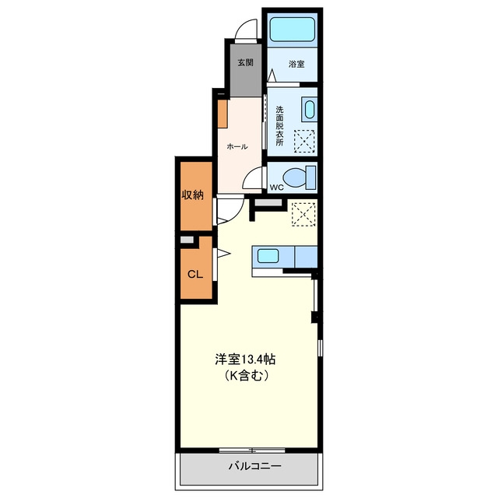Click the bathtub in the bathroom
pyautogui.click(x=293, y=30)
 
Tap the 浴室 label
pyautogui.click(x=296, y=64)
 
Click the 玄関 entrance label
pyautogui.click(x=246, y=62)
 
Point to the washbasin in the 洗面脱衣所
pyautogui.click(x=309, y=110)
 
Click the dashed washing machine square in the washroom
pyautogui.click(x=304, y=142)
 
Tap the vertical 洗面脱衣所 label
pyautogui.click(x=279, y=126)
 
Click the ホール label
pyautogui.click(x=237, y=147)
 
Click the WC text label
pyautogui.click(x=277, y=188)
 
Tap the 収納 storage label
pyautogui.click(x=192, y=195)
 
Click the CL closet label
pyautogui.click(x=195, y=275)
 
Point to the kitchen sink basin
pyautogui.click(x=268, y=256)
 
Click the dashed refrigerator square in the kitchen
pyautogui.click(x=303, y=215)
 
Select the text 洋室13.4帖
pyautogui.click(x=245, y=359)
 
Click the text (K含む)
pyautogui.click(x=247, y=376)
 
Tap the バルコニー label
pyautogui.click(x=254, y=466)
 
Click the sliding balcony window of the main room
pyautogui.click(x=252, y=450)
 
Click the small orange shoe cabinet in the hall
pyautogui.click(x=223, y=114)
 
